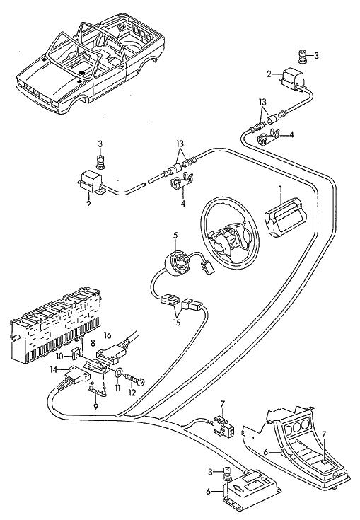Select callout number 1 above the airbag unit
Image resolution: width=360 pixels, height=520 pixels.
(x=280, y=190)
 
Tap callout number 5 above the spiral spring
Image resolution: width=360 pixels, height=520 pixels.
(x=175, y=236)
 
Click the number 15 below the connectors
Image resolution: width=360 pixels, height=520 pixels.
(x=177, y=322)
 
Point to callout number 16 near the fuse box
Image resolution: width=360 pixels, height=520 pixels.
(x=108, y=335)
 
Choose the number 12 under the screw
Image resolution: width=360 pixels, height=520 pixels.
(x=132, y=393)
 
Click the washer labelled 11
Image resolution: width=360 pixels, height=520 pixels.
(x=117, y=374)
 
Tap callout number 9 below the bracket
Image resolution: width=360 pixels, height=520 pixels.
(x=95, y=407)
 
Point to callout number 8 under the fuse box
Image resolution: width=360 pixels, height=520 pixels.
(x=93, y=342)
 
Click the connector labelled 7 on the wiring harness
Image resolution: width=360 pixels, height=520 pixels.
(x=224, y=425)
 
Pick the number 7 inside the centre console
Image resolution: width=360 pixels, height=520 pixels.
(x=324, y=434)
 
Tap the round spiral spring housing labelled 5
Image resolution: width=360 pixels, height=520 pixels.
(x=178, y=258)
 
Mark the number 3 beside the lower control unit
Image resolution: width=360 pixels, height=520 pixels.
(x=210, y=472)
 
